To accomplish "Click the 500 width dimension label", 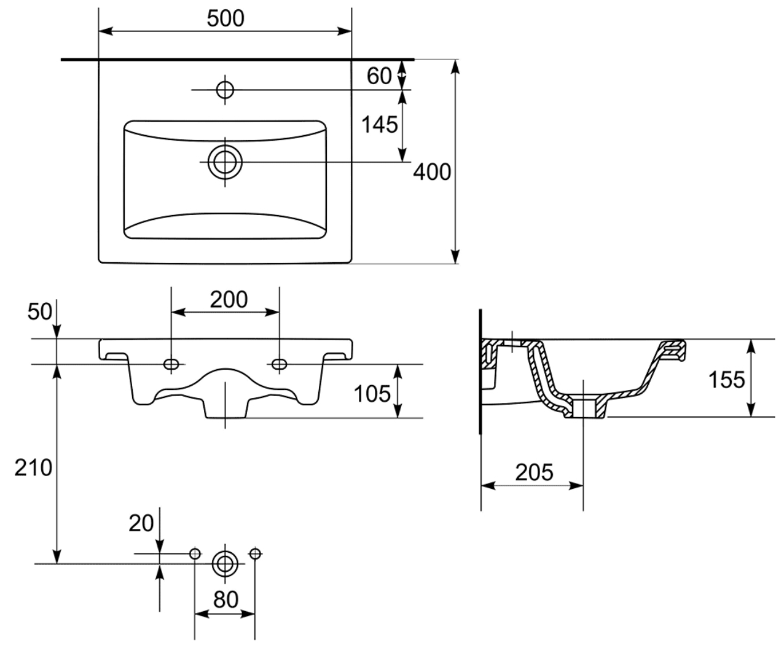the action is tap(225, 18).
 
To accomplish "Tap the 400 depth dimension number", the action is tap(432, 172).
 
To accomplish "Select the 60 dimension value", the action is tap(379, 76).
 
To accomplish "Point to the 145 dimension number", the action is tap(379, 125).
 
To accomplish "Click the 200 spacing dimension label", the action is tap(229, 300).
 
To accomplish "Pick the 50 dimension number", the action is tap(39, 311).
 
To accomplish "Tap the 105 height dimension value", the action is tap(372, 394).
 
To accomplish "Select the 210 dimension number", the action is tap(33, 468).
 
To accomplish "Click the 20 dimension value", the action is tap(141, 523).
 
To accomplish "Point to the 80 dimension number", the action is tap(225, 599).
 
